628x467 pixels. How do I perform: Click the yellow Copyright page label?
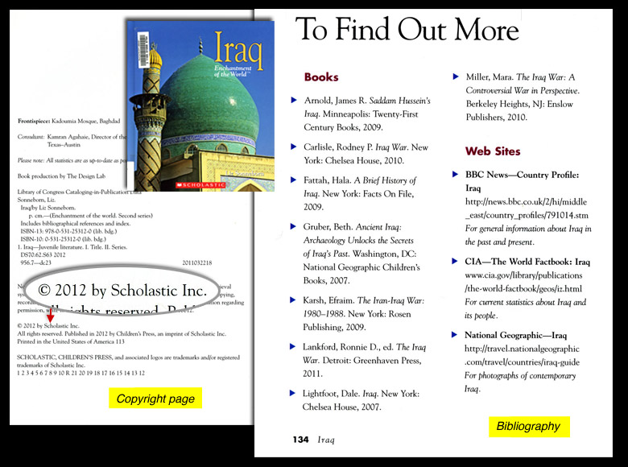[x=155, y=399]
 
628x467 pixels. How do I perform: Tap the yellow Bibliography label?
[x=528, y=426]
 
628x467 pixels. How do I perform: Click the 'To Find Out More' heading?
[x=407, y=30]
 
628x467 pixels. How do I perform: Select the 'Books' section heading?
[x=321, y=77]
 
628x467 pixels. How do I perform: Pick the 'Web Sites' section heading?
[x=493, y=151]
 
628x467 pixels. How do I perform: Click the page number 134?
[x=300, y=440]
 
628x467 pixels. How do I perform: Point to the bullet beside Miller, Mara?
[x=456, y=76]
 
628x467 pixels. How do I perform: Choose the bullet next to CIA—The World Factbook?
[x=456, y=262]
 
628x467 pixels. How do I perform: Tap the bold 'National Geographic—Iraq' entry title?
[x=516, y=334]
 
